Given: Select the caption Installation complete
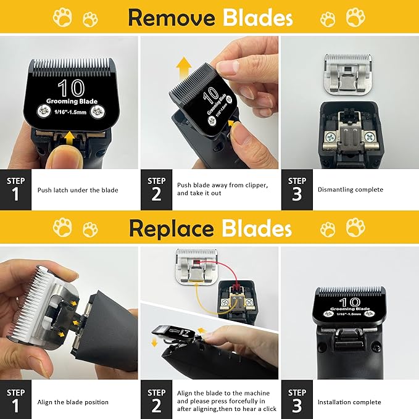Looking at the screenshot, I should coord(348,402).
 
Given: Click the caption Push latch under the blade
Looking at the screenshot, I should coord(78,190).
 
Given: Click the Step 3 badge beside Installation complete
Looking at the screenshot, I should coord(297,401).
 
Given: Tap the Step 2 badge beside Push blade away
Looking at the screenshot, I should coord(157,189).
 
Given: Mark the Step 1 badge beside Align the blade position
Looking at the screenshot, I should coord(16,401).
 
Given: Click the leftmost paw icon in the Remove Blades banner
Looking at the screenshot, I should coord(62,17).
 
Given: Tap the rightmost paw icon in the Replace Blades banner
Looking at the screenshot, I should coord(355,228).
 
